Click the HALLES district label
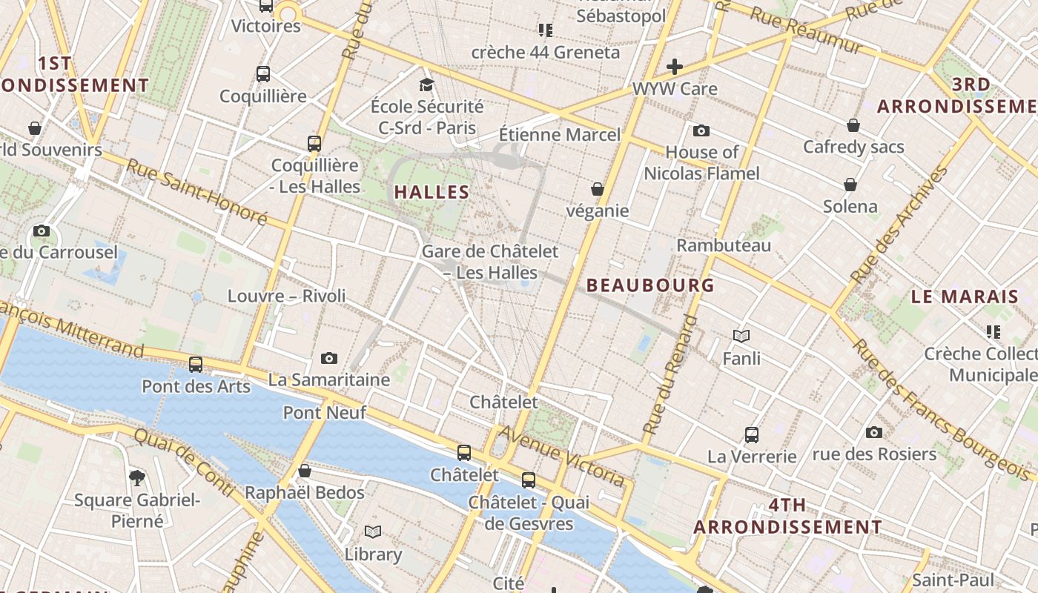pos(432,193)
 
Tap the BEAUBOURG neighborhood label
pos(650,285)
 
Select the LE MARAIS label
pos(965,297)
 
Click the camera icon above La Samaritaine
pos(329,359)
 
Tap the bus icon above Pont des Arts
pos(196,365)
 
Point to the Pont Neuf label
pos(325,412)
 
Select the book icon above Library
pos(373,532)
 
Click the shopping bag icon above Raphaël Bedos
pos(304,471)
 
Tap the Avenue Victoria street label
pos(561,455)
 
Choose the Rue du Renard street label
pos(670,374)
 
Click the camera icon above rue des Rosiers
pos(874,432)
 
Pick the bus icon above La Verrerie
pos(752,435)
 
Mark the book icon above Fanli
pos(741,336)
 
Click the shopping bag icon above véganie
pos(598,189)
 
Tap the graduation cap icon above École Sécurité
pos(426,85)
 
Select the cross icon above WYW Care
pos(674,67)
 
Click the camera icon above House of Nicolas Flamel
pos(701,131)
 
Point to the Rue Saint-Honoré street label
pos(196,191)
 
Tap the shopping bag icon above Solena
pos(850,185)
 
